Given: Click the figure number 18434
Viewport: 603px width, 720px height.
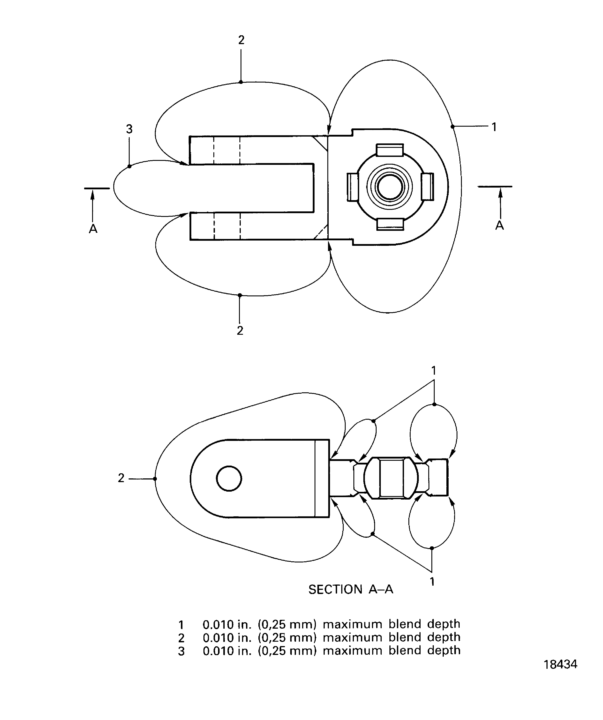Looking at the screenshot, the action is click(560, 664).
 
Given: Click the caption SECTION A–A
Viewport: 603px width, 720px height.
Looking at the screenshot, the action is click(350, 589).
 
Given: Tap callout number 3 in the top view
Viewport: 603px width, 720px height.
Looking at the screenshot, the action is click(129, 129).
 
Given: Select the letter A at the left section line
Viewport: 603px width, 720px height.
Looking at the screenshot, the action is click(93, 229).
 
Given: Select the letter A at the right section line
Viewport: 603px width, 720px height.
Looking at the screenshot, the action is click(500, 225).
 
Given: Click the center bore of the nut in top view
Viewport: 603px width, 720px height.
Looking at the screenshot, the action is click(390, 187).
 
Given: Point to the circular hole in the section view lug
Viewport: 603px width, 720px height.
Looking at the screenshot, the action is click(229, 478).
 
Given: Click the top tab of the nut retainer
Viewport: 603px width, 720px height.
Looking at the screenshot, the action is click(390, 150).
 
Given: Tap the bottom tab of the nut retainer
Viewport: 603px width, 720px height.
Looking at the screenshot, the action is click(390, 224).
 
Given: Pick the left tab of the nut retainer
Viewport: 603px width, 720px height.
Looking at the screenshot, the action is click(353, 187).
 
